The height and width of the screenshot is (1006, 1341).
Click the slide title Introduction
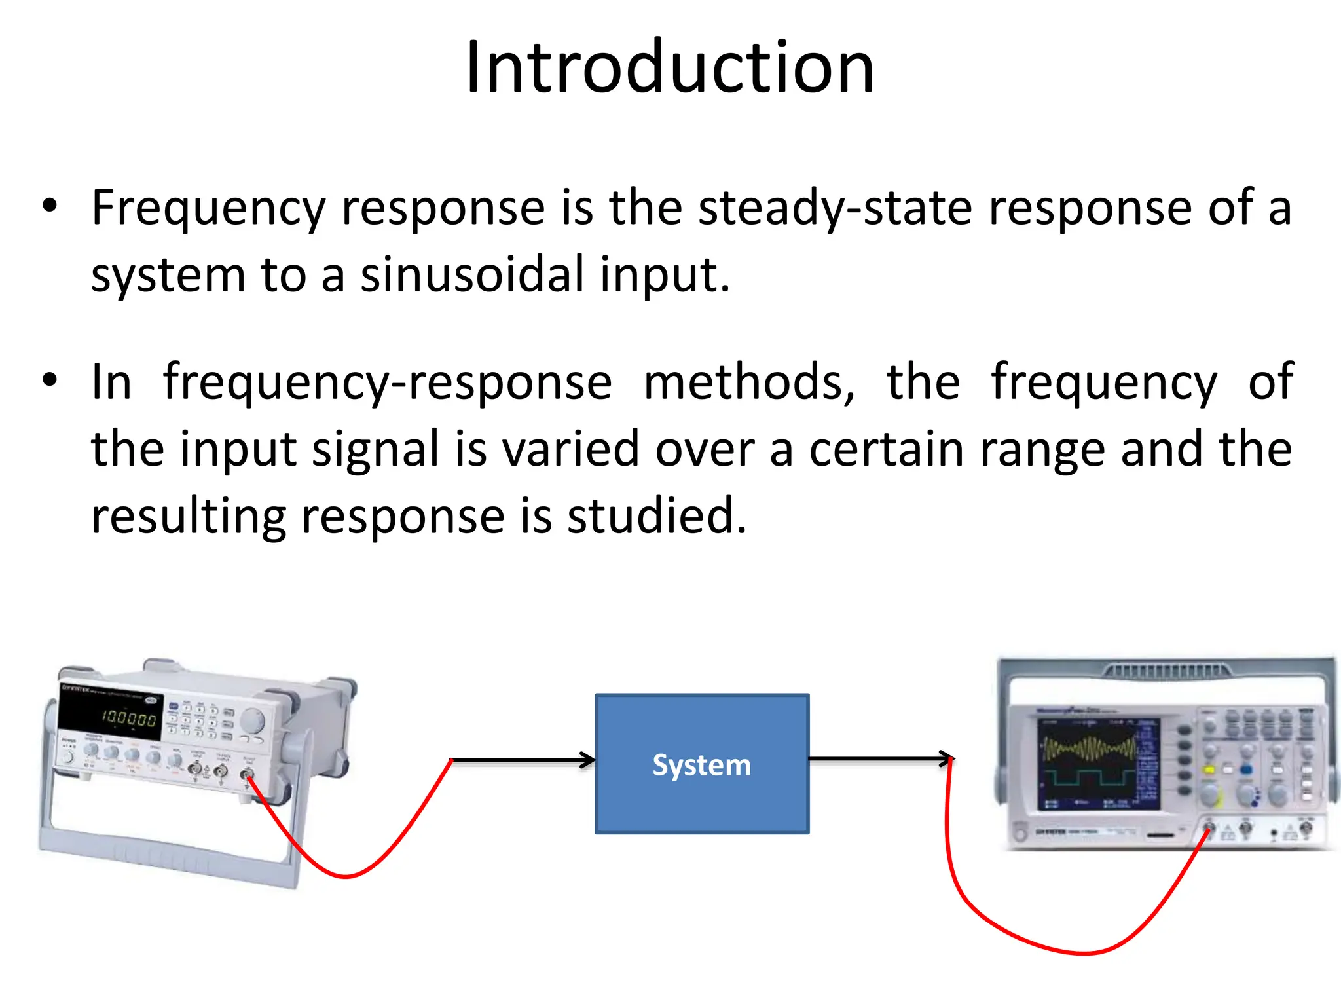(670, 67)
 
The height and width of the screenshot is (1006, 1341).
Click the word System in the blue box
(701, 765)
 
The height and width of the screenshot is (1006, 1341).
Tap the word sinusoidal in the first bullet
(472, 274)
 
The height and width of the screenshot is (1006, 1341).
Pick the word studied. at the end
(656, 516)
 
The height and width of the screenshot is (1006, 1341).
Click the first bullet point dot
(50, 206)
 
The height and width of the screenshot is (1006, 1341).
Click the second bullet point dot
(50, 380)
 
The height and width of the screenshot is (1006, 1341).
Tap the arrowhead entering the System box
(588, 760)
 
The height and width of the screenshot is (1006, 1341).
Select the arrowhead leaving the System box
(947, 759)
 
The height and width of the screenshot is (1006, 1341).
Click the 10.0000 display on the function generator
(128, 718)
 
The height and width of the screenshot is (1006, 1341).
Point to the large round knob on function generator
(252, 721)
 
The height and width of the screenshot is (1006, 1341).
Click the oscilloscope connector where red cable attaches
(1209, 829)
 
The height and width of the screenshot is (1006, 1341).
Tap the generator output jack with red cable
(247, 776)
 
